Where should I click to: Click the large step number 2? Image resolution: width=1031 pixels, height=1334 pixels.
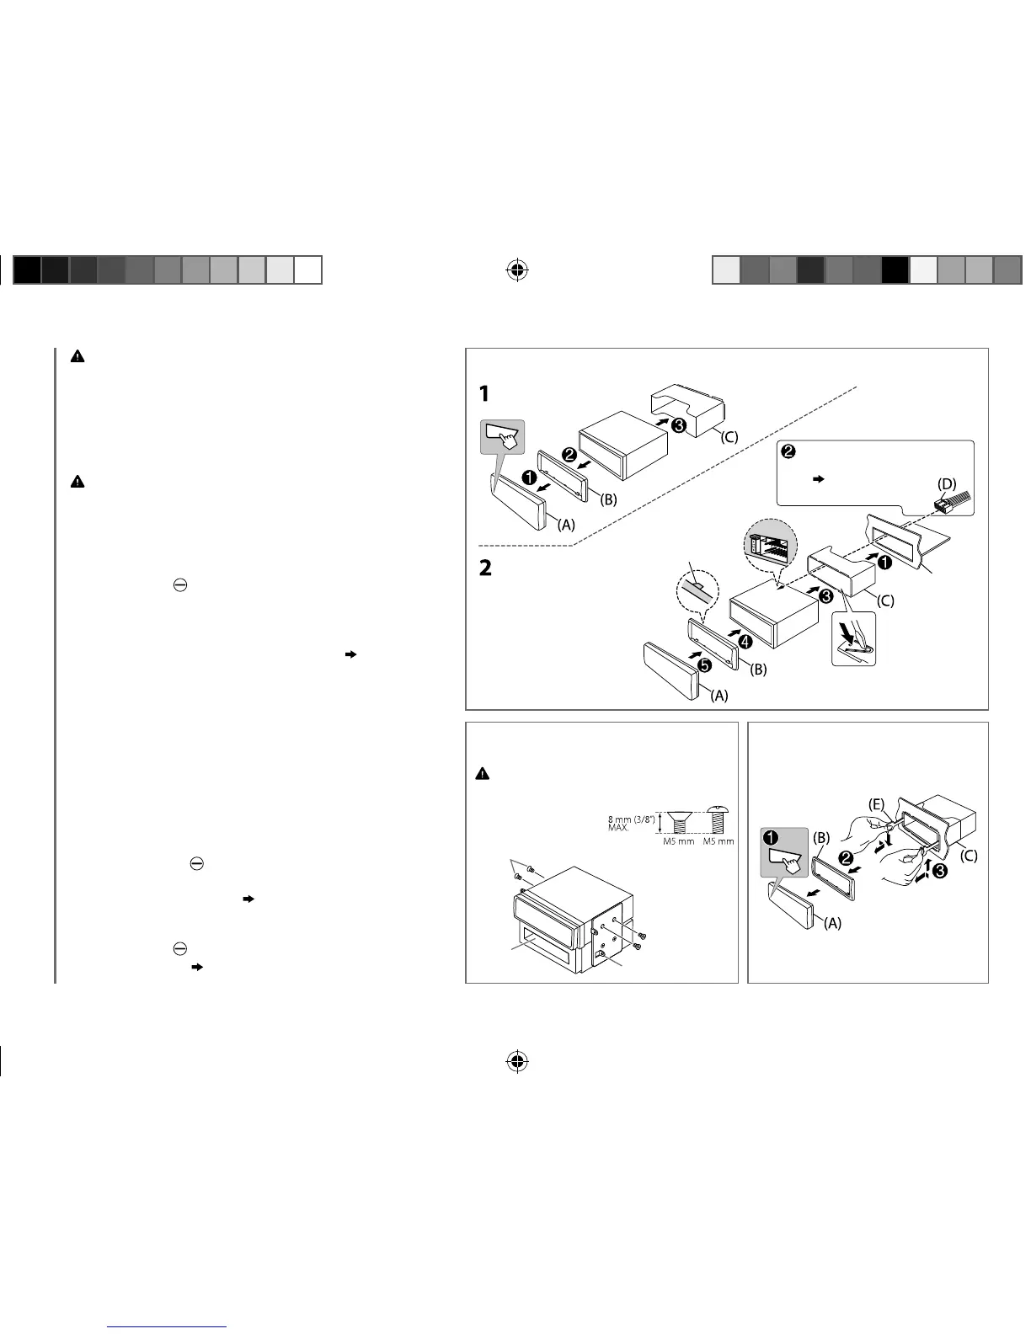tap(484, 568)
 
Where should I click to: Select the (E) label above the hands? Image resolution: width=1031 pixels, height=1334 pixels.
tap(877, 804)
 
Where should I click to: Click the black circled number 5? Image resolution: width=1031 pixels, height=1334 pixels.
tap(704, 664)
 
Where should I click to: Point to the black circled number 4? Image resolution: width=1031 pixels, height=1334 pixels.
tap(745, 641)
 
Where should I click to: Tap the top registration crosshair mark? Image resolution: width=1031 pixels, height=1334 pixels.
tap(517, 270)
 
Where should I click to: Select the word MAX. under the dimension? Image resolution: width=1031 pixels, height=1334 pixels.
tap(618, 828)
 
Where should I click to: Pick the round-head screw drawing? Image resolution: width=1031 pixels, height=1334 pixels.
tap(718, 819)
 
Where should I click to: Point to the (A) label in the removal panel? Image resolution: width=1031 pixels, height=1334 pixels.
tap(831, 922)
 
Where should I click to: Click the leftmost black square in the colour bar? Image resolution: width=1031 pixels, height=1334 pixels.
tap(28, 270)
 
